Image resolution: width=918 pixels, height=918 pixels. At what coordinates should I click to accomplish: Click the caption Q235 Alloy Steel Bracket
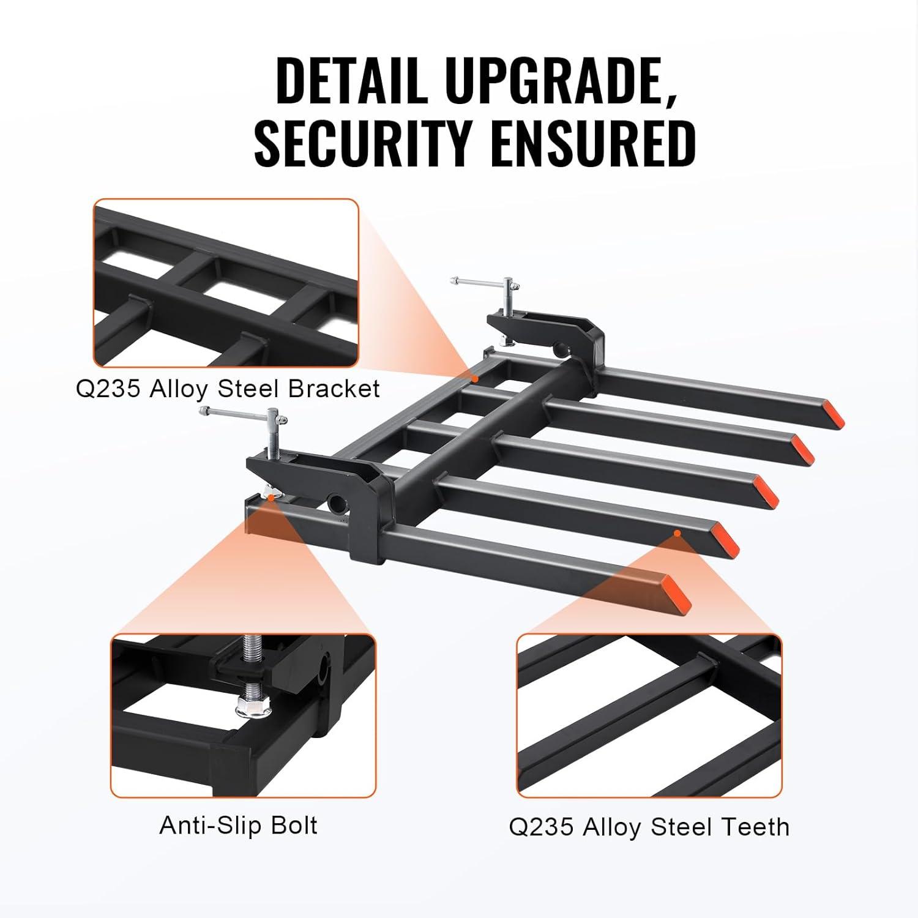point(228,389)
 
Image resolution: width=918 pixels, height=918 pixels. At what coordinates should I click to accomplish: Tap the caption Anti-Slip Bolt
point(238,826)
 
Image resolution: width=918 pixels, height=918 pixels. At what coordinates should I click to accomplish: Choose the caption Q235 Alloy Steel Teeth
point(649,827)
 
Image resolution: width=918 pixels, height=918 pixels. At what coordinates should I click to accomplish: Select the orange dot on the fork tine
point(677,534)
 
